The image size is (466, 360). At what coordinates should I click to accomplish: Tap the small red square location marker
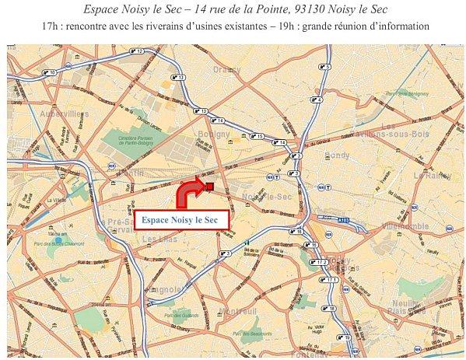209,185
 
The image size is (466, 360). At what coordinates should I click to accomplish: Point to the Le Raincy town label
428,176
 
